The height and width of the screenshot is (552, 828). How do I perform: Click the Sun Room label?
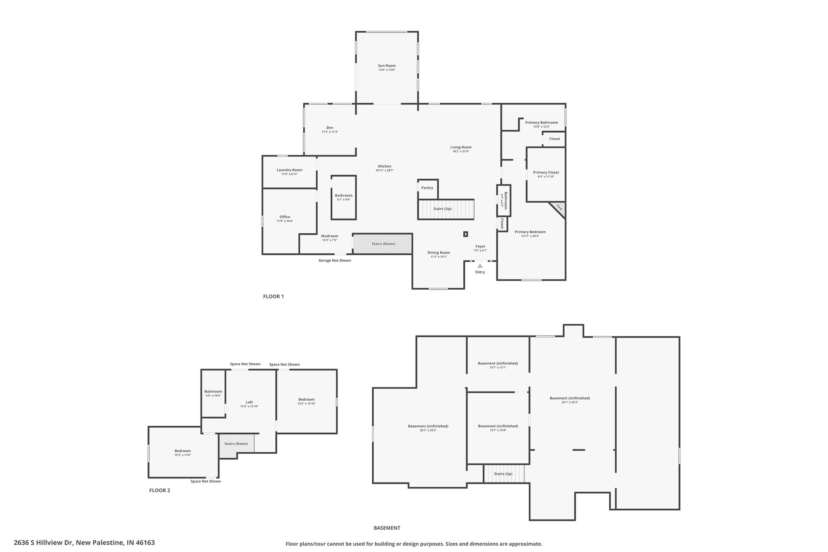pyautogui.click(x=387, y=66)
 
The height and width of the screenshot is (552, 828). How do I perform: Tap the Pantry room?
pyautogui.click(x=427, y=188)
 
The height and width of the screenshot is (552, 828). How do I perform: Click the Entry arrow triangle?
pyautogui.click(x=480, y=266)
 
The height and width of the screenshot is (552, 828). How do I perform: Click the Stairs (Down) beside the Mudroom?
pyautogui.click(x=383, y=244)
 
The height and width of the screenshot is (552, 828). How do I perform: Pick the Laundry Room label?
pyautogui.click(x=289, y=170)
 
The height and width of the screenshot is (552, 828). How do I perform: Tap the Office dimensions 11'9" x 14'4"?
pyautogui.click(x=285, y=221)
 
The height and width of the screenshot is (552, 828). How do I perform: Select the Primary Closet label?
pyautogui.click(x=546, y=172)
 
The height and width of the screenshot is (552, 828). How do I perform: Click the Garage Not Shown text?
pyautogui.click(x=335, y=260)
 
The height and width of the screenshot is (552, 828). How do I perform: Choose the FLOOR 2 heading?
pyautogui.click(x=160, y=491)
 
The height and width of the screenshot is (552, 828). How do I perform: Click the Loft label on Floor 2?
pyautogui.click(x=249, y=402)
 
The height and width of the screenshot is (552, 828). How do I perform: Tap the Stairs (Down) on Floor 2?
pyautogui.click(x=237, y=444)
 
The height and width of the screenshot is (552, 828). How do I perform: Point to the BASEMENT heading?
pyautogui.click(x=387, y=528)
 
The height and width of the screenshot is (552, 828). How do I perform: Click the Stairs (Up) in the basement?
pyautogui.click(x=503, y=474)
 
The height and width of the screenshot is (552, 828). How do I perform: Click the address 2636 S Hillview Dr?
pyautogui.click(x=84, y=543)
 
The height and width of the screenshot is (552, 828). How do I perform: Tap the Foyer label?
pyautogui.click(x=480, y=246)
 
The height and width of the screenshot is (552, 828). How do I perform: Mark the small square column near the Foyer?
pyautogui.click(x=466, y=234)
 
